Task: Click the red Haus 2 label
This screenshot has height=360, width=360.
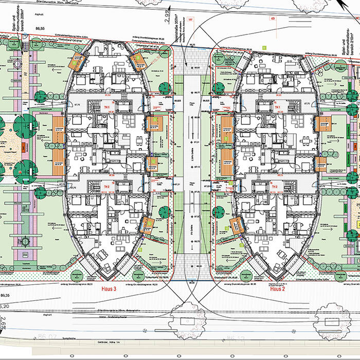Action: point(277,290)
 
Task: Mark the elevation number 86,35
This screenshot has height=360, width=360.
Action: point(6,296)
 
